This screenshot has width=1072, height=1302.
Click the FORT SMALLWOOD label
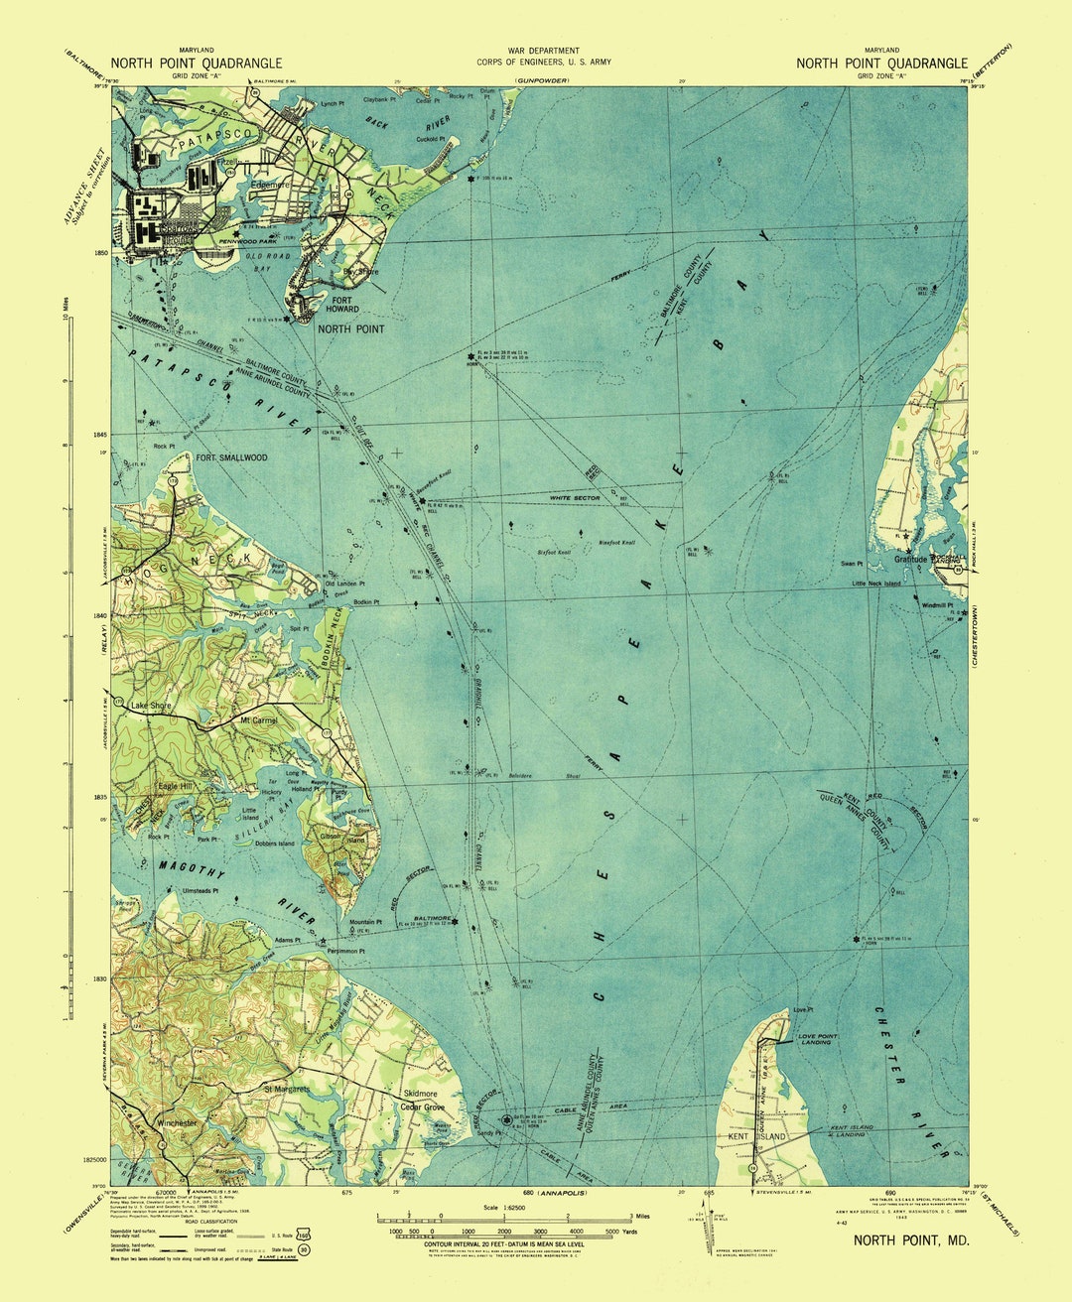231,457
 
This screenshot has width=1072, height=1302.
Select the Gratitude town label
909,560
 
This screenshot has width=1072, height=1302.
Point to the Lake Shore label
151,706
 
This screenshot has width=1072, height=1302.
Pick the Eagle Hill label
175,786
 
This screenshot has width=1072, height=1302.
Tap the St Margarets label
287,1089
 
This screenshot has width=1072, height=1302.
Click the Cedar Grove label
421,1107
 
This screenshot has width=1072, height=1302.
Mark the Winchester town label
178,1123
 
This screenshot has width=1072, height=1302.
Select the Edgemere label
270,184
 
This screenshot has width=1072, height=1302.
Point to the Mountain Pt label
366,923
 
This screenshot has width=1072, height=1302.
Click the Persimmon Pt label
345,951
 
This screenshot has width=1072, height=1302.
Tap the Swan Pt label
852,564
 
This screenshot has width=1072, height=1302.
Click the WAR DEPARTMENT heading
543,51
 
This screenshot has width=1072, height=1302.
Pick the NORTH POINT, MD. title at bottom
911,1239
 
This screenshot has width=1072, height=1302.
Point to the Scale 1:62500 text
504,1207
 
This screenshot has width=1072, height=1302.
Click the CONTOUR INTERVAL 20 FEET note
504,1243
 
